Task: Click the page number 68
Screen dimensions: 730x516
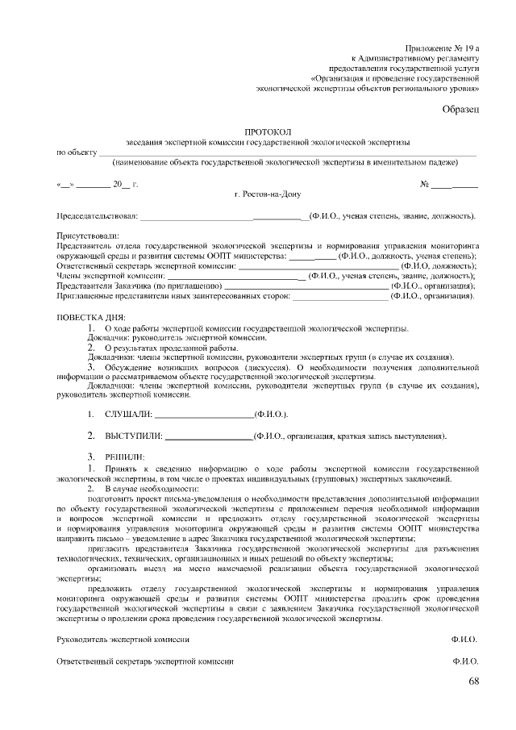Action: (x=473, y=683)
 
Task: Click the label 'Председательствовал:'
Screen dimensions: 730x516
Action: (x=97, y=217)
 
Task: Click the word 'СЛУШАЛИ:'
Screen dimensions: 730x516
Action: (x=127, y=414)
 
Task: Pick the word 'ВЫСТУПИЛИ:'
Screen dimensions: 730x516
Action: (x=134, y=436)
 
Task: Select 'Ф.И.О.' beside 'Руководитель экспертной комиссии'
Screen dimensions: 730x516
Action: (x=464, y=639)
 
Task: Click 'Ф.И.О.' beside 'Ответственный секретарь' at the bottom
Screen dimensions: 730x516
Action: (x=464, y=661)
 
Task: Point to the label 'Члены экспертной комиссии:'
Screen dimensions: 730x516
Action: (x=110, y=275)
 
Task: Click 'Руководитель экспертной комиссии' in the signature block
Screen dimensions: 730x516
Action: (x=123, y=639)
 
